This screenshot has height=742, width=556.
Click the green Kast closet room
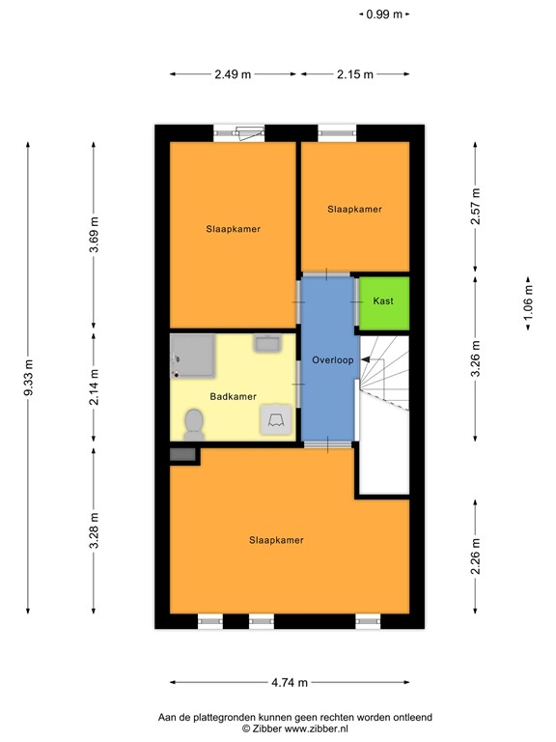click(383, 301)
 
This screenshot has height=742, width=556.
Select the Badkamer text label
click(233, 396)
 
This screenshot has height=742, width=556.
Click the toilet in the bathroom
click(193, 421)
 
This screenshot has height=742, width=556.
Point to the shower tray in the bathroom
click(193, 356)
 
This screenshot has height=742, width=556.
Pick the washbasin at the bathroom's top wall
click(266, 342)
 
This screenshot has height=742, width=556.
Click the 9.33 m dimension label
click(29, 378)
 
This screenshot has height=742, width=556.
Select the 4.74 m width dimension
click(289, 682)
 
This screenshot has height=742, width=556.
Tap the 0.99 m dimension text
click(383, 14)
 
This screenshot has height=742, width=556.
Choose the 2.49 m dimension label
click(233, 73)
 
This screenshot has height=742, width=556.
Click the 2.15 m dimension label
click(354, 73)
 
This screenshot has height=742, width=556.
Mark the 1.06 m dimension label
click(528, 300)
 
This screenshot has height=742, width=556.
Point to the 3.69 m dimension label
click(94, 235)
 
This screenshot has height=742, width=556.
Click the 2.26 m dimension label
click(476, 556)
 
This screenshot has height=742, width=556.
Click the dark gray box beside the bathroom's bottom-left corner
click(182, 454)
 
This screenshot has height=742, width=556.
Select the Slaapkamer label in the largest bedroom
click(276, 540)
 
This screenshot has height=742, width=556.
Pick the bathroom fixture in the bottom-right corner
click(274, 417)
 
